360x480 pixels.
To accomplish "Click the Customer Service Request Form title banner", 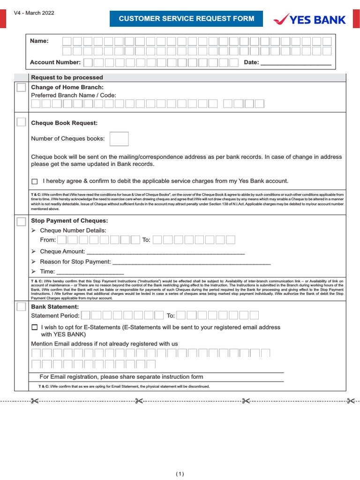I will (x=186, y=19).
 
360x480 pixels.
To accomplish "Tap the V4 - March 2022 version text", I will (x=34, y=13).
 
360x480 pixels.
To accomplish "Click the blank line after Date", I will (x=296, y=63).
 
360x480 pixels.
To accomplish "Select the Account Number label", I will (x=55, y=62).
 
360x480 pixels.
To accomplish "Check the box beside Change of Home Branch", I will (x=22, y=88).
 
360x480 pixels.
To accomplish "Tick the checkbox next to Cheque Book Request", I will (x=22, y=122).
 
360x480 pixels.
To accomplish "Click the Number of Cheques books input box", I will (x=119, y=139).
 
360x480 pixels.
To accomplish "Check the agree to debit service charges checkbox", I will (x=35, y=181).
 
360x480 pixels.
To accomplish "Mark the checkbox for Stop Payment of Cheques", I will (x=22, y=221).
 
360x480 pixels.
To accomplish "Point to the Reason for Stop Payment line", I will (x=192, y=262).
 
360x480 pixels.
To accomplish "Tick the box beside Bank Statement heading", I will (x=22, y=307).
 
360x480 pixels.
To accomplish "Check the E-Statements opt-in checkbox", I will (x=35, y=328).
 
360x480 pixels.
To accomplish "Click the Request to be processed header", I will (x=67, y=77).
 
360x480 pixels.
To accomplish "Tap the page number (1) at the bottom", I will (x=180, y=474).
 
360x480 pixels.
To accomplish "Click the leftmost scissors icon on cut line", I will (x=35, y=401).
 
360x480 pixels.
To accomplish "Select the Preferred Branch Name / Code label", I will (x=74, y=95).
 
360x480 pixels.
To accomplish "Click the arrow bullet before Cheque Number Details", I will (x=33, y=231).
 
